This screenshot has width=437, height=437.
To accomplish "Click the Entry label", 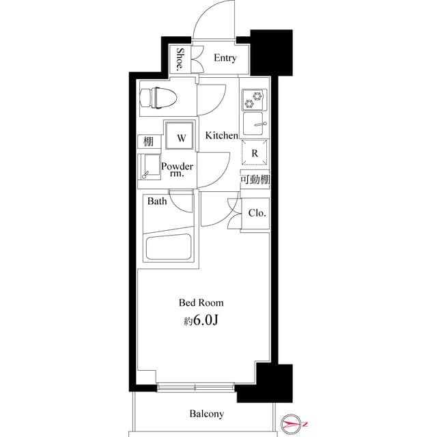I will (225, 58).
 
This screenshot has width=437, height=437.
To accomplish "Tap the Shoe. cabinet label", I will (182, 59).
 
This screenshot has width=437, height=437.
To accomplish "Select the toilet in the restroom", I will (158, 98).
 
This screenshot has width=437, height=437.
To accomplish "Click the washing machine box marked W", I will (181, 137).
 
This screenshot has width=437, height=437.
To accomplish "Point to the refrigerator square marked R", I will (254, 154).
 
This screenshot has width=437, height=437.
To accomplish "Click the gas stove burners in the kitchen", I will (255, 100).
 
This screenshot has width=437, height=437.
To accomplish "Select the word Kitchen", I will (221, 136).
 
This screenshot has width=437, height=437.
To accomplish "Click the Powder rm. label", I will (178, 171).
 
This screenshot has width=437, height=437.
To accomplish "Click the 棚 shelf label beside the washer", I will (147, 142).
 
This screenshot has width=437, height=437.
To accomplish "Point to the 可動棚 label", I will (254, 180).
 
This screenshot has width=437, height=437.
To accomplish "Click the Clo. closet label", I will (257, 213).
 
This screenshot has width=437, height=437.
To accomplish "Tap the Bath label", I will (157, 201).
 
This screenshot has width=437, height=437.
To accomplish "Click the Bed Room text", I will (201, 302).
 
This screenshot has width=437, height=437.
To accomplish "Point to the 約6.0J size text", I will (201, 320).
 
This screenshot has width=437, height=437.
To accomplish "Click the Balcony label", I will (206, 414).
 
